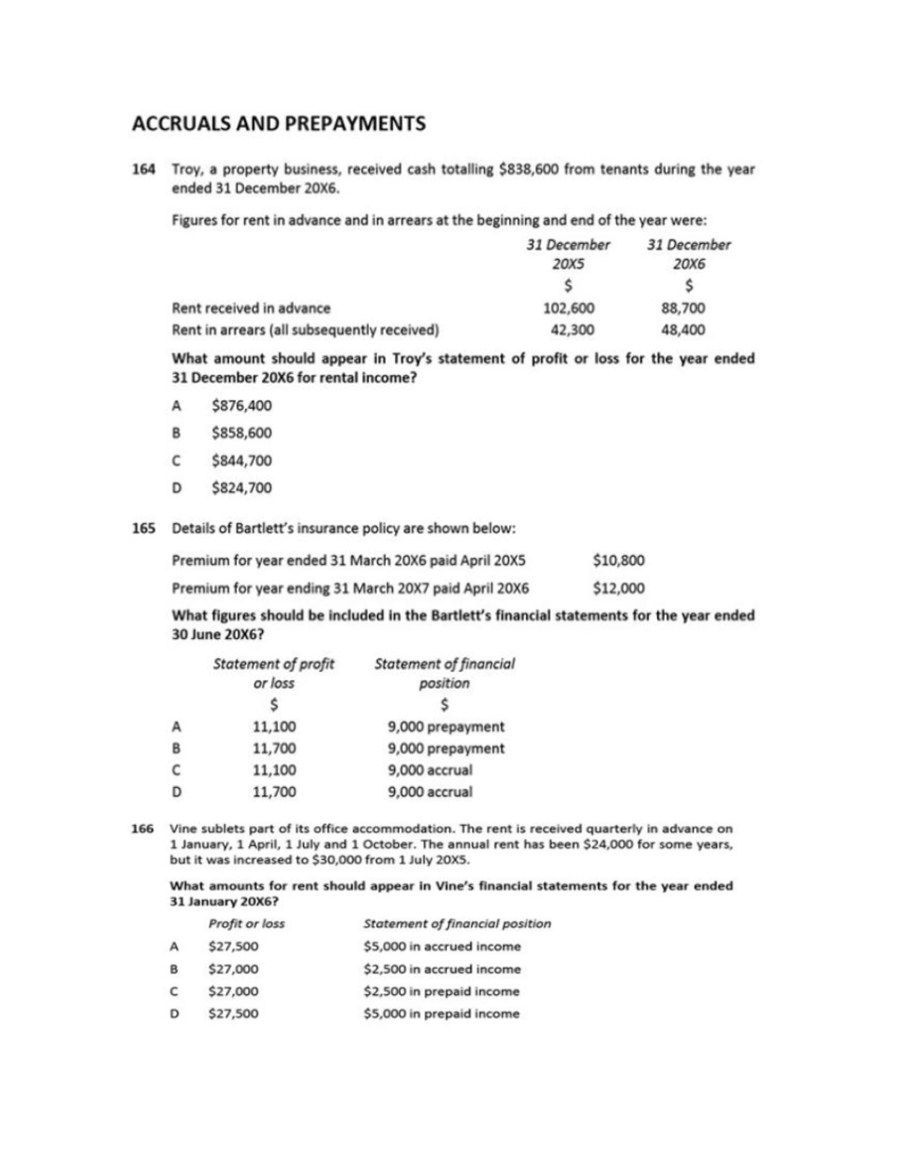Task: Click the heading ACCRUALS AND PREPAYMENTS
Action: [x=278, y=123]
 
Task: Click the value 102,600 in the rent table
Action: [x=568, y=308]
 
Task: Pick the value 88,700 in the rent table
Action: [x=683, y=308]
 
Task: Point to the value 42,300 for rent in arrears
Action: [x=568, y=330]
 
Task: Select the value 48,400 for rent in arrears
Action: [x=683, y=330]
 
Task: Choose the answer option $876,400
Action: [x=242, y=406]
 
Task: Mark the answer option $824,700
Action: [x=242, y=488]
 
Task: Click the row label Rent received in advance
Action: [x=251, y=308]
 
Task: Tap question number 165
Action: [x=144, y=528]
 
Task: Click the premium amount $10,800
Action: [x=618, y=560]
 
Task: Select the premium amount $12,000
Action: [x=618, y=588]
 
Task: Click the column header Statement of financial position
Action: [x=445, y=673]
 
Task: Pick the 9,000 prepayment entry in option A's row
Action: [x=446, y=727]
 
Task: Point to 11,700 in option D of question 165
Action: [x=274, y=792]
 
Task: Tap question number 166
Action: [x=142, y=829]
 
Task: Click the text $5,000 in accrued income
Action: [x=442, y=947]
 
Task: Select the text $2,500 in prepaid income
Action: [x=441, y=991]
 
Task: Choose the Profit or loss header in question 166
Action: [x=246, y=923]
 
